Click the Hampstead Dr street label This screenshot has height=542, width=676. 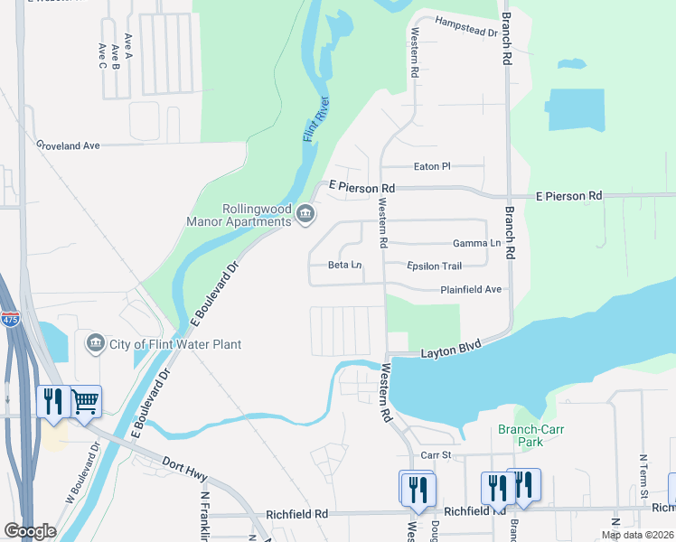tap(466, 26)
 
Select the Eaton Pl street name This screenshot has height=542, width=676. tap(431, 166)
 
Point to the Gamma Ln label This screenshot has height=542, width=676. tap(476, 244)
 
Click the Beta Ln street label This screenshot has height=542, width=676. tap(344, 266)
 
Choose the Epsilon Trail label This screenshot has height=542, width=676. tap(435, 266)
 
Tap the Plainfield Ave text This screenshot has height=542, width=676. tap(470, 290)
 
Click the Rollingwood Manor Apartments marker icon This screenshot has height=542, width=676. tap(305, 214)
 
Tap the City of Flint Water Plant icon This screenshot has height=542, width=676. tap(96, 343)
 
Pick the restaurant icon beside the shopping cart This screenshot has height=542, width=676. tap(53, 401)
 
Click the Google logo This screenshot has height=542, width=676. tap(30, 531)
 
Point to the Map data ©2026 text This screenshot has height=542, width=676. tap(636, 535)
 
